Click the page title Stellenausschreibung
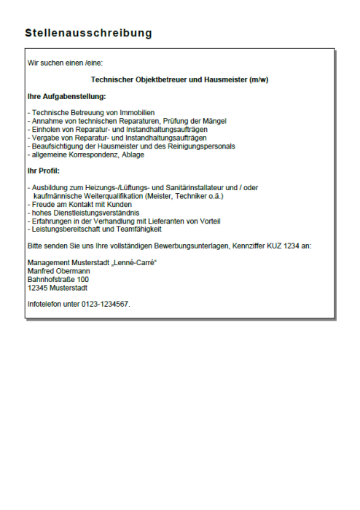(x=88, y=34)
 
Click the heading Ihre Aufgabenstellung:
(x=66, y=96)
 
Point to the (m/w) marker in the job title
(x=258, y=79)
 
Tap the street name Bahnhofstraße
(x=51, y=279)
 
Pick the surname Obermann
(x=74, y=270)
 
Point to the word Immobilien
(x=136, y=112)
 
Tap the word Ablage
(x=133, y=154)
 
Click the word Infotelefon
(x=44, y=303)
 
